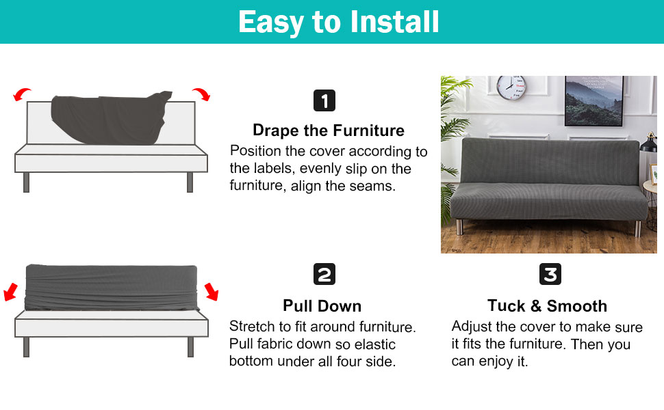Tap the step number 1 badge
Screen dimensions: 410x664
point(324,101)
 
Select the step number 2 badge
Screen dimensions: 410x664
point(324,275)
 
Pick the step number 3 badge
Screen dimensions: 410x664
point(550,275)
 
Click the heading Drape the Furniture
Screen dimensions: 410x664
point(329,131)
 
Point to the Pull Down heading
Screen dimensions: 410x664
point(322,305)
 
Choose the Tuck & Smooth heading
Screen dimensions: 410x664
point(547,305)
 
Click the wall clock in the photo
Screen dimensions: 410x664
point(511,87)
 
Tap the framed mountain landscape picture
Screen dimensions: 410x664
point(593,100)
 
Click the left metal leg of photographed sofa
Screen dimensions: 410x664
point(459,228)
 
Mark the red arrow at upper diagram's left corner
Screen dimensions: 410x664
point(22,94)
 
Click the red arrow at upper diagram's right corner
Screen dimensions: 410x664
point(201,94)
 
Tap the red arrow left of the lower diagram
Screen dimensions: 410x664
point(10,293)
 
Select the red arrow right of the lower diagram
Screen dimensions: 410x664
point(212,293)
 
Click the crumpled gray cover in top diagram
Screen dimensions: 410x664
point(110,119)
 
